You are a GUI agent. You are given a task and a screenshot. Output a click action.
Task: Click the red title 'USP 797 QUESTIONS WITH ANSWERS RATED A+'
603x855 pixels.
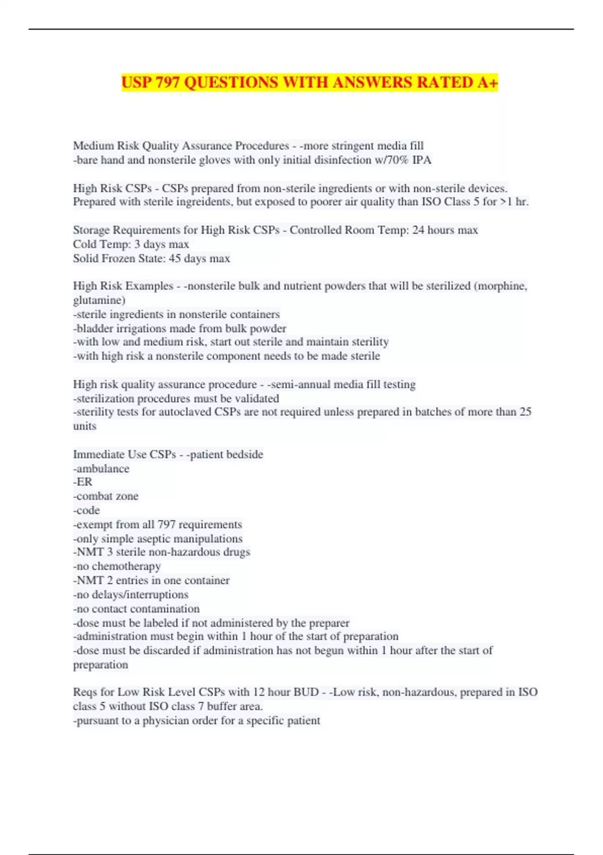point(310,82)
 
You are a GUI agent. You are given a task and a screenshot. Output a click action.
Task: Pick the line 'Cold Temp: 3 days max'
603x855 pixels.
point(131,244)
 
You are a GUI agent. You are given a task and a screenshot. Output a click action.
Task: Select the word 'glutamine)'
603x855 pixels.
point(99,300)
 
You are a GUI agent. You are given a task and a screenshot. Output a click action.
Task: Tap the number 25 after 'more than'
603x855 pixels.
point(525,412)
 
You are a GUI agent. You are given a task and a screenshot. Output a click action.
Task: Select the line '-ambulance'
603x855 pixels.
point(101,469)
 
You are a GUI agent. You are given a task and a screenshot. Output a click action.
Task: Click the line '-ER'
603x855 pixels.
point(83,482)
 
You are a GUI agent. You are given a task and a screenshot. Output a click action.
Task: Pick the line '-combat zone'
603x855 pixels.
point(106,496)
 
